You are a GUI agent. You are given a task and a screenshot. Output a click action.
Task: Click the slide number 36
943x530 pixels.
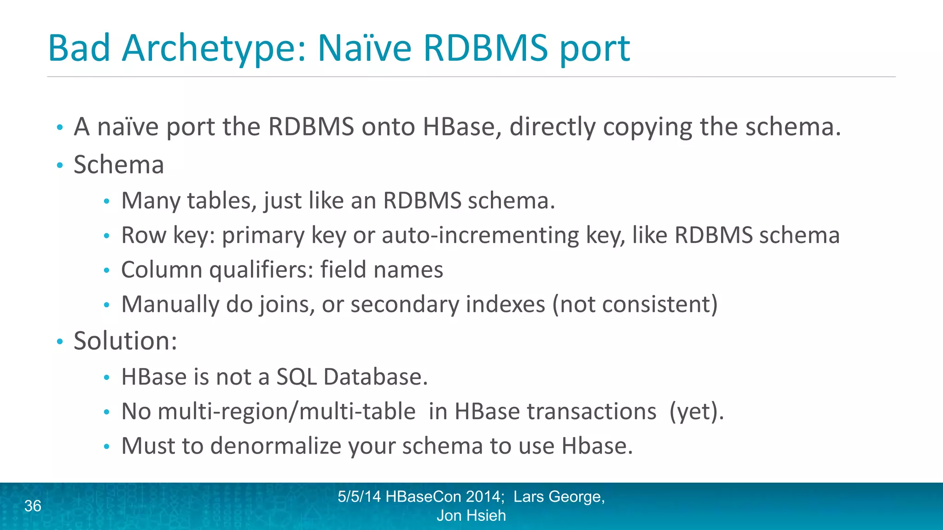33,506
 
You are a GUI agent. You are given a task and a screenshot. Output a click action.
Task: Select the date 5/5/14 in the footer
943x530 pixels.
359,497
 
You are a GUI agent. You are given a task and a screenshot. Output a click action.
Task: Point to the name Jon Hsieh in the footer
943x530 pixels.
471,516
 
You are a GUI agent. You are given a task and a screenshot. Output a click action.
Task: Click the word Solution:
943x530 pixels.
125,341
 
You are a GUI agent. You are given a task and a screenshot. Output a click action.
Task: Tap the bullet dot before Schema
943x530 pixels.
59,165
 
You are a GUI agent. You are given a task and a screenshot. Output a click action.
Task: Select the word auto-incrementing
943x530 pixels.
480,236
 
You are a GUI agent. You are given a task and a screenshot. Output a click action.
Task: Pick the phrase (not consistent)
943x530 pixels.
635,305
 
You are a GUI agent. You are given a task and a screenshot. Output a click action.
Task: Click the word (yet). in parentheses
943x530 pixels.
696,411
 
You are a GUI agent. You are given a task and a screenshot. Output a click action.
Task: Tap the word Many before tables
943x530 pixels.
151,201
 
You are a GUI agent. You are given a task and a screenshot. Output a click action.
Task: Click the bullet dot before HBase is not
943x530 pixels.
107,378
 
